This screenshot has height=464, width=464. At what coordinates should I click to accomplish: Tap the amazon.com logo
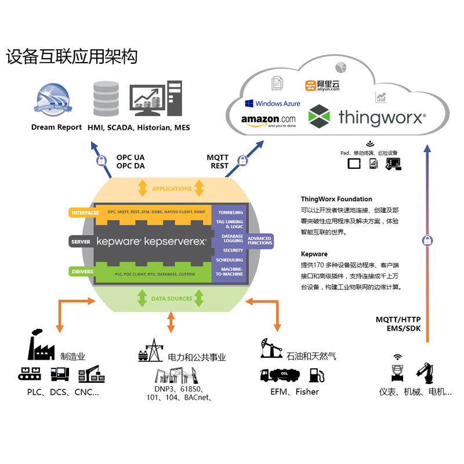click(x=268, y=121)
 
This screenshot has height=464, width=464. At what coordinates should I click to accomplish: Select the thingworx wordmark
click(x=382, y=117)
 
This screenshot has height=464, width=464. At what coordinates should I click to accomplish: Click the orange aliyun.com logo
click(x=322, y=86)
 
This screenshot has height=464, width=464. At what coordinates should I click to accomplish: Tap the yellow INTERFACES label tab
click(x=85, y=213)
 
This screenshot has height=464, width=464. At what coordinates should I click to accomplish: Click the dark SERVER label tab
click(x=80, y=242)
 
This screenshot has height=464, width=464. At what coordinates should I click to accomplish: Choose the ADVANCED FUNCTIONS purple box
click(x=259, y=240)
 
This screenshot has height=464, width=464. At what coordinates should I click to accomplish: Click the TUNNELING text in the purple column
click(x=230, y=212)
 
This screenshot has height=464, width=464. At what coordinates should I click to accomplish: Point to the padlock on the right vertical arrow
click(x=427, y=240)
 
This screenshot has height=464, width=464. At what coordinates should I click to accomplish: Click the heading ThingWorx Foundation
click(x=336, y=199)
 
